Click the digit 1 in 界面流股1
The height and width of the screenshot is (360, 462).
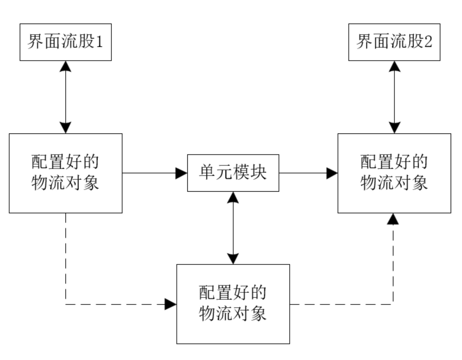coord(100,42)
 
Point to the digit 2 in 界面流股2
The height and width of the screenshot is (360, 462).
coord(428,42)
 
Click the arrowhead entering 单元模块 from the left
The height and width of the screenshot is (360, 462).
coord(181,173)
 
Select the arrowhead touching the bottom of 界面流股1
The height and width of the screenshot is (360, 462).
coord(66,66)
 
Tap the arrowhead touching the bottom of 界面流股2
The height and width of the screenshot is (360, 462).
coord(395,66)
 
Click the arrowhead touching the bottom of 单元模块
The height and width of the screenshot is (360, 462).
coord(233,197)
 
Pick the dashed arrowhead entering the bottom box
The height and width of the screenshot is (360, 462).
coord(171,304)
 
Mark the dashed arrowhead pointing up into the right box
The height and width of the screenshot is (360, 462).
coord(393,219)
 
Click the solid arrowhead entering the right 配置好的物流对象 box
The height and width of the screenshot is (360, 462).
coord(332,173)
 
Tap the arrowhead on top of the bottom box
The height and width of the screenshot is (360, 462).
coord(233,259)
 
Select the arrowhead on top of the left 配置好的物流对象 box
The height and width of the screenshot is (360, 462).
coord(66,128)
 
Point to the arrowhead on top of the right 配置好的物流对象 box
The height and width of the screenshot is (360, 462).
coord(395,128)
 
